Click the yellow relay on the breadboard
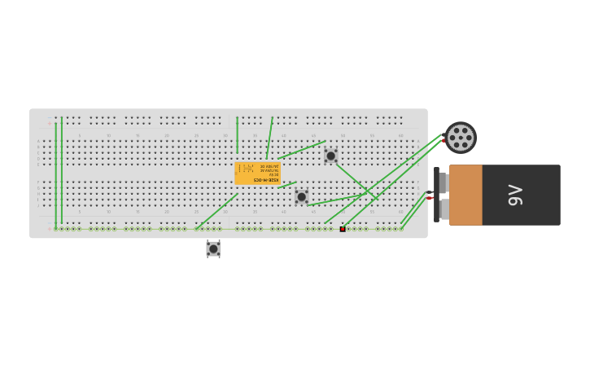[258, 173]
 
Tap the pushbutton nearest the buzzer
[330, 156]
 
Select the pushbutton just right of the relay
[301, 196]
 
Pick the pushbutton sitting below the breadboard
[213, 248]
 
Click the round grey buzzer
[461, 138]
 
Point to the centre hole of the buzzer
[461, 138]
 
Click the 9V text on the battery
[514, 195]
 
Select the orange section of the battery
[465, 195]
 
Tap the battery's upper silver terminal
[444, 182]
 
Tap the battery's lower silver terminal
[444, 209]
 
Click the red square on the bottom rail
[343, 229]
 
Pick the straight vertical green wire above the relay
[237, 134]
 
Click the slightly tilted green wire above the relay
[269, 137]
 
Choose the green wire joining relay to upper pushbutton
[301, 150]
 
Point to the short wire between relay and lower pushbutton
[286, 184]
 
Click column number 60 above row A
[400, 135]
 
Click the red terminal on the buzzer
[444, 140]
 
